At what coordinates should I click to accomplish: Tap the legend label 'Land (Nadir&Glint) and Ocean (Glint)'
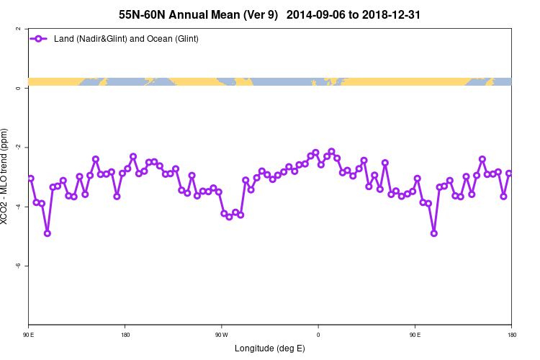click(126, 39)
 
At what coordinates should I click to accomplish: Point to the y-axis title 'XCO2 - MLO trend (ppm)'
click(6, 176)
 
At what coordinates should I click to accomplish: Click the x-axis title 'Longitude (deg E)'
click(270, 348)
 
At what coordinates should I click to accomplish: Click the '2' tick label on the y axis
click(18, 29)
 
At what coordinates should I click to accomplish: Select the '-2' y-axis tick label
click(17, 147)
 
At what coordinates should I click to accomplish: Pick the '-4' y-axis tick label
click(17, 206)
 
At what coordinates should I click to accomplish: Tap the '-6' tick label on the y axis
click(17, 265)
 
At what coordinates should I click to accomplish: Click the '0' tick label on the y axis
click(18, 88)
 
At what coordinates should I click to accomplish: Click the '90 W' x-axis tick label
click(221, 335)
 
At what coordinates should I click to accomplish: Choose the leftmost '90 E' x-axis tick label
click(28, 335)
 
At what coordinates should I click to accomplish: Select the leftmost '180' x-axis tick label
click(125, 335)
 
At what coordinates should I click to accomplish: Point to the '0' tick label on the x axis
click(318, 335)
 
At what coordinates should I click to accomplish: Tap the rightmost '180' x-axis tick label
click(511, 335)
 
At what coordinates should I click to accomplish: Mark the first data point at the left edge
click(30, 178)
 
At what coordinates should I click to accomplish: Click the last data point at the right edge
click(509, 173)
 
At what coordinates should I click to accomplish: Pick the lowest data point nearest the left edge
click(48, 233)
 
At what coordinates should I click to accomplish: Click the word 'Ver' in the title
click(252, 14)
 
